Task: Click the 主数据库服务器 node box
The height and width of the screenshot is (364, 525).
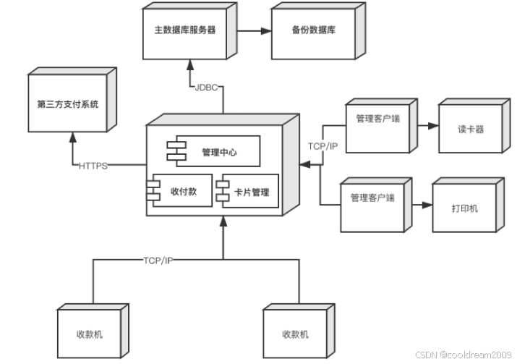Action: click(190, 31)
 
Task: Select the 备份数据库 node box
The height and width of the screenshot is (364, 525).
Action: click(318, 31)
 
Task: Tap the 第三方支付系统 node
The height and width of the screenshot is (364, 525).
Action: click(72, 100)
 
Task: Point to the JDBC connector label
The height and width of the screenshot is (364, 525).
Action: click(206, 88)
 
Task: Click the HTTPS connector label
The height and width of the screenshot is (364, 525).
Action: click(93, 166)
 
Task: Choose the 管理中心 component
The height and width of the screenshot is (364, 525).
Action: click(213, 151)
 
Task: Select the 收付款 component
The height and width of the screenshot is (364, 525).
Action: click(179, 190)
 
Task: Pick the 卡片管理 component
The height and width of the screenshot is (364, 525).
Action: click(247, 191)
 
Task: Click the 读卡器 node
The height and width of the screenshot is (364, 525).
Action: click(474, 126)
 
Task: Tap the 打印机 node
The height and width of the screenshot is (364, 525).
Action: click(469, 205)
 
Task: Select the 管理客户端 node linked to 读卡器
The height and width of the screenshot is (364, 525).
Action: click(381, 126)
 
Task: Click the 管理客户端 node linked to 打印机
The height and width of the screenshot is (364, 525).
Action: click(376, 205)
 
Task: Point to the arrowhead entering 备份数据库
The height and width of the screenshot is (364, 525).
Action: click(266, 31)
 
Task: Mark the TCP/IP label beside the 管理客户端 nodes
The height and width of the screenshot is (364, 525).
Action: click(323, 146)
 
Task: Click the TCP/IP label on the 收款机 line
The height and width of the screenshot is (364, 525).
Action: click(158, 261)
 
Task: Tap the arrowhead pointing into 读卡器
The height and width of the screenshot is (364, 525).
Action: click(433, 126)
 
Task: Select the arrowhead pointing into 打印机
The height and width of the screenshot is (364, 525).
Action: click(427, 205)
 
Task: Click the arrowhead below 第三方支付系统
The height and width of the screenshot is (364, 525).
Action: click(72, 137)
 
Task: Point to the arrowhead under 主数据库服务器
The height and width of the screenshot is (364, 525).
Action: click(190, 65)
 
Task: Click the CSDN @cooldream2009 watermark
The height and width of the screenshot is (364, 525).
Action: click(464, 355)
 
